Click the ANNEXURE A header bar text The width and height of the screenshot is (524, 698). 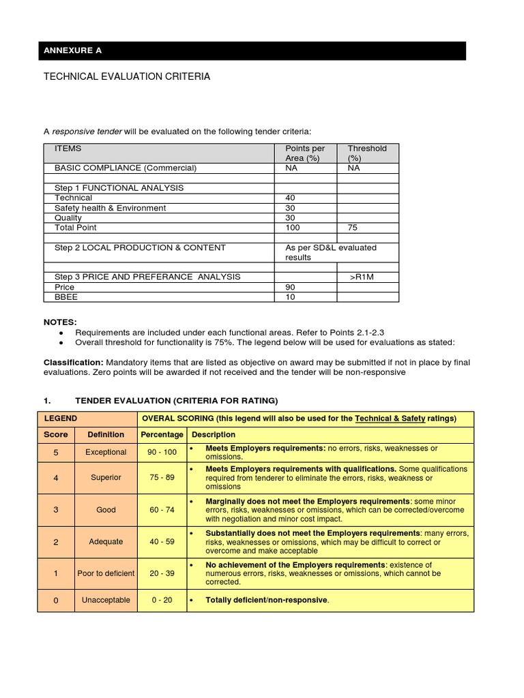click(72, 51)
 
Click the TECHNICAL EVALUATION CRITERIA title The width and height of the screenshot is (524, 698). click(127, 77)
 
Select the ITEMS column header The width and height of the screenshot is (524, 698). click(68, 149)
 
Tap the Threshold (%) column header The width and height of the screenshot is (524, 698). click(366, 153)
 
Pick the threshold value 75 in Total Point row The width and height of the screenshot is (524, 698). click(353, 228)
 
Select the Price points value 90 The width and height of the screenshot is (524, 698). click(290, 288)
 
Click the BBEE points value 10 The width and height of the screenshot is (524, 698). click(290, 297)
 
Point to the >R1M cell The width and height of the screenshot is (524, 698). click(362, 277)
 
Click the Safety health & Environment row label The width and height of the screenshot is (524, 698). click(110, 208)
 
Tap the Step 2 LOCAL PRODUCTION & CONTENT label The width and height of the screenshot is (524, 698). click(140, 247)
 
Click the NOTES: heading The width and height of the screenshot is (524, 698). click(60, 322)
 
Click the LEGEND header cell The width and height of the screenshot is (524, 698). click(61, 419)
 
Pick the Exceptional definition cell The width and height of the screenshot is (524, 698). click(106, 453)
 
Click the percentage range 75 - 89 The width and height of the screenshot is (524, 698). click(162, 478)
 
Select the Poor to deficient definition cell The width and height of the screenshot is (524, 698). click(106, 574)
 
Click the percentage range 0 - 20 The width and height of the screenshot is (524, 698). click(162, 601)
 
